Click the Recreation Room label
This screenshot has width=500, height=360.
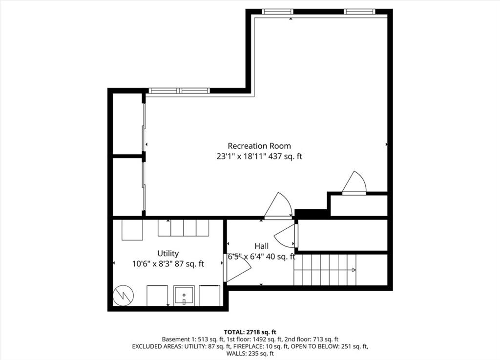tap(259, 146)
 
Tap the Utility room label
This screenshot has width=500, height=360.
tap(168, 254)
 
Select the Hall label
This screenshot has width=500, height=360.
tap(262, 246)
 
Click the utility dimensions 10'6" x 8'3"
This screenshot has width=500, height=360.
tap(152, 264)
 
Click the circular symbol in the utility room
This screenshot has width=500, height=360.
tap(124, 295)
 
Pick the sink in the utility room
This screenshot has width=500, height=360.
tap(184, 296)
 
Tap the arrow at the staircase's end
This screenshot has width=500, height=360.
tap(354, 270)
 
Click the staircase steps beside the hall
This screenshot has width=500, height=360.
tap(325, 270)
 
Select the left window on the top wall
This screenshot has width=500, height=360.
tap(277, 12)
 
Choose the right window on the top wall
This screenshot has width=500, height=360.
tap(359, 12)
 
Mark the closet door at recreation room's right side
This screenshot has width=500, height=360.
tap(354, 183)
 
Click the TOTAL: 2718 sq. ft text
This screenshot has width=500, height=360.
tap(250, 332)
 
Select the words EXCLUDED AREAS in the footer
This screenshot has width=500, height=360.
tap(156, 346)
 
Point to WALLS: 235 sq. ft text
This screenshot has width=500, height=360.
tap(250, 353)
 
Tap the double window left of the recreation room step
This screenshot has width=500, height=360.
tap(179, 91)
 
